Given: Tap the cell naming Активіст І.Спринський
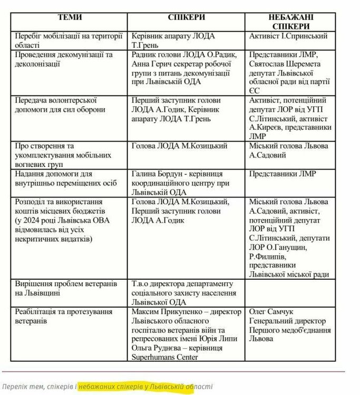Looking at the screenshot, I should point(289,36).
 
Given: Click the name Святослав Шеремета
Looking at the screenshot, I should point(280,63).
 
